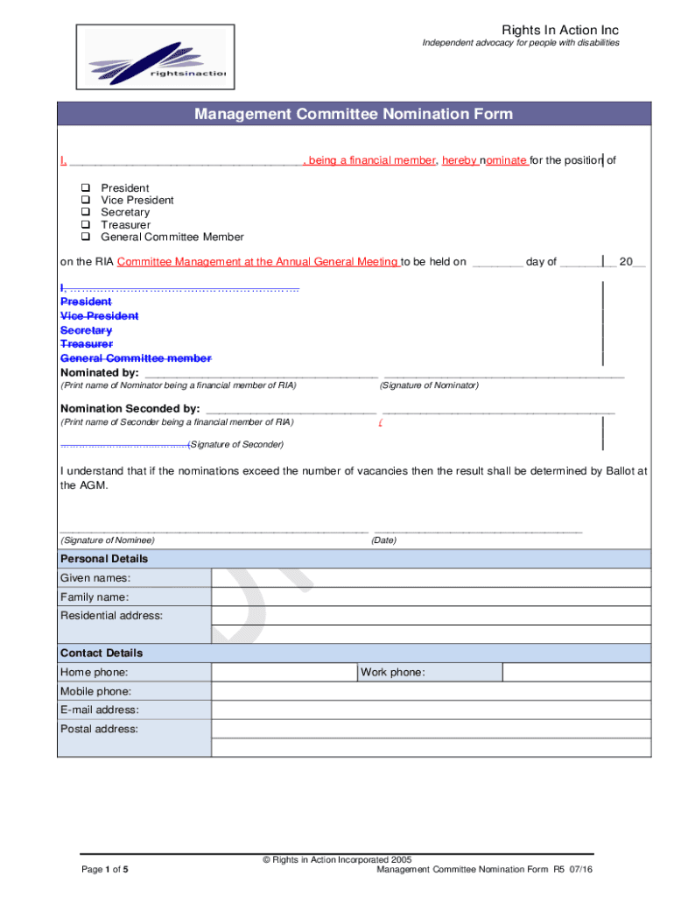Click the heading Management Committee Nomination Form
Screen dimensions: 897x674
[x=354, y=115]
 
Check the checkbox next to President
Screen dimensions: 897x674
[x=87, y=187]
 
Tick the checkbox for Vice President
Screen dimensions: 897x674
[x=87, y=200]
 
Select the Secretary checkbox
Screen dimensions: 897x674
[x=87, y=212]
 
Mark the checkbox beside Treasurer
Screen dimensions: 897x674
[x=87, y=224]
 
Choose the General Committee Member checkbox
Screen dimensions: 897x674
[x=87, y=237]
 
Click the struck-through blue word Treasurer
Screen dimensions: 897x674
[x=86, y=344]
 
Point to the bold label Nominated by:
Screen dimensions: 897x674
[x=99, y=372]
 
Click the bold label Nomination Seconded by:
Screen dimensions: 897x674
[x=130, y=409]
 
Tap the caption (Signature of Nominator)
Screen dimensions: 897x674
[x=429, y=386]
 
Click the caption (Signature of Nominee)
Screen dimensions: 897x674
[x=107, y=540]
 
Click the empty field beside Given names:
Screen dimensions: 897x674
[x=431, y=578]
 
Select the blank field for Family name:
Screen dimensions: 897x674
[x=431, y=597]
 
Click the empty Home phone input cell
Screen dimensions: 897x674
[x=284, y=672]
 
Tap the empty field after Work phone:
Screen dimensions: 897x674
[x=577, y=672]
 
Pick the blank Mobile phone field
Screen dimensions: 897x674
[x=431, y=691]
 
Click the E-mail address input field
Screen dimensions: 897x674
[x=431, y=710]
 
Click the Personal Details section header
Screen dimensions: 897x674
[x=104, y=559]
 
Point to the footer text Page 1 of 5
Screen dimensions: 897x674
[x=105, y=870]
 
